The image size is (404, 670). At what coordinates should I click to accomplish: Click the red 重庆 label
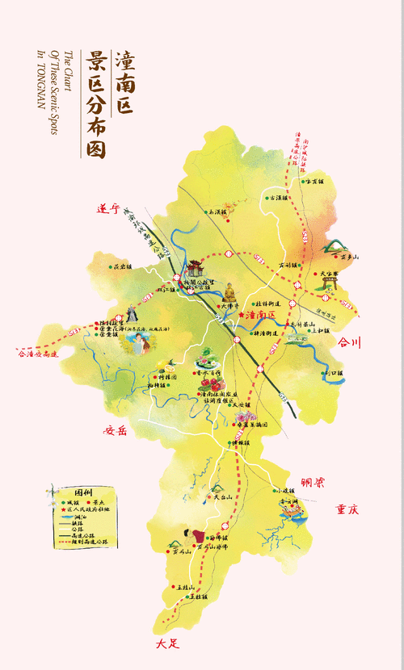pyautogui.click(x=347, y=509)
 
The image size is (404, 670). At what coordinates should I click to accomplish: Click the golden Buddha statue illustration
pyautogui.click(x=229, y=291)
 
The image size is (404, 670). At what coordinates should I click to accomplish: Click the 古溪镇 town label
pyautogui.click(x=278, y=197)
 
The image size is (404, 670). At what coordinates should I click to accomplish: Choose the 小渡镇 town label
pyautogui.click(x=287, y=490)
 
